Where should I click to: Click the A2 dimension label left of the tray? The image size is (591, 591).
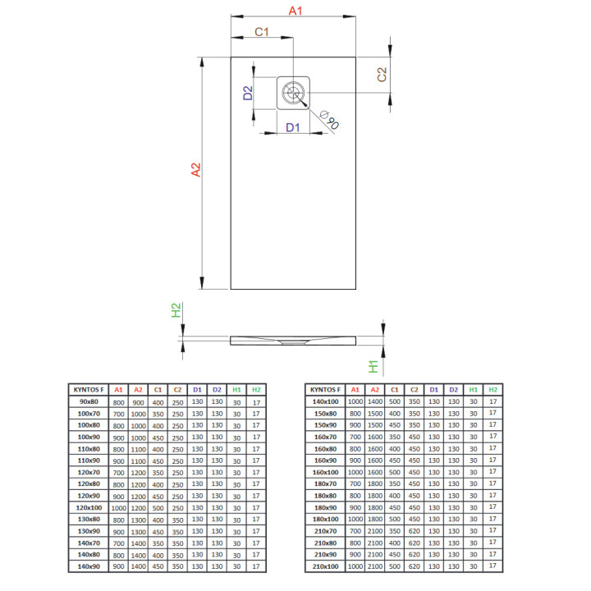click(195, 170)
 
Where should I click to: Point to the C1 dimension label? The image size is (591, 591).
click(262, 32)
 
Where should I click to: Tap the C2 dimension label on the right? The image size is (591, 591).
click(382, 75)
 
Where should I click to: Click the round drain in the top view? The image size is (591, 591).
click(293, 92)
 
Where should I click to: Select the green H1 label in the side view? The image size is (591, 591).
click(373, 367)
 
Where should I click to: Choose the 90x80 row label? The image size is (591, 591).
click(88, 401)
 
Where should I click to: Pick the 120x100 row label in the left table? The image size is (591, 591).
click(88, 508)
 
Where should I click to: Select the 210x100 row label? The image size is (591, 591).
click(325, 567)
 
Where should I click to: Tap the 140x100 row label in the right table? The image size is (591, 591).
click(325, 401)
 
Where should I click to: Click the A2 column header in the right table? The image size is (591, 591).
click(374, 389)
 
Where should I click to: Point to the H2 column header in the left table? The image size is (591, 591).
click(256, 389)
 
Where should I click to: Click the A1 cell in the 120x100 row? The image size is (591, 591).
click(118, 508)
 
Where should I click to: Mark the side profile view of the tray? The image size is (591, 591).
click(295, 340)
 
